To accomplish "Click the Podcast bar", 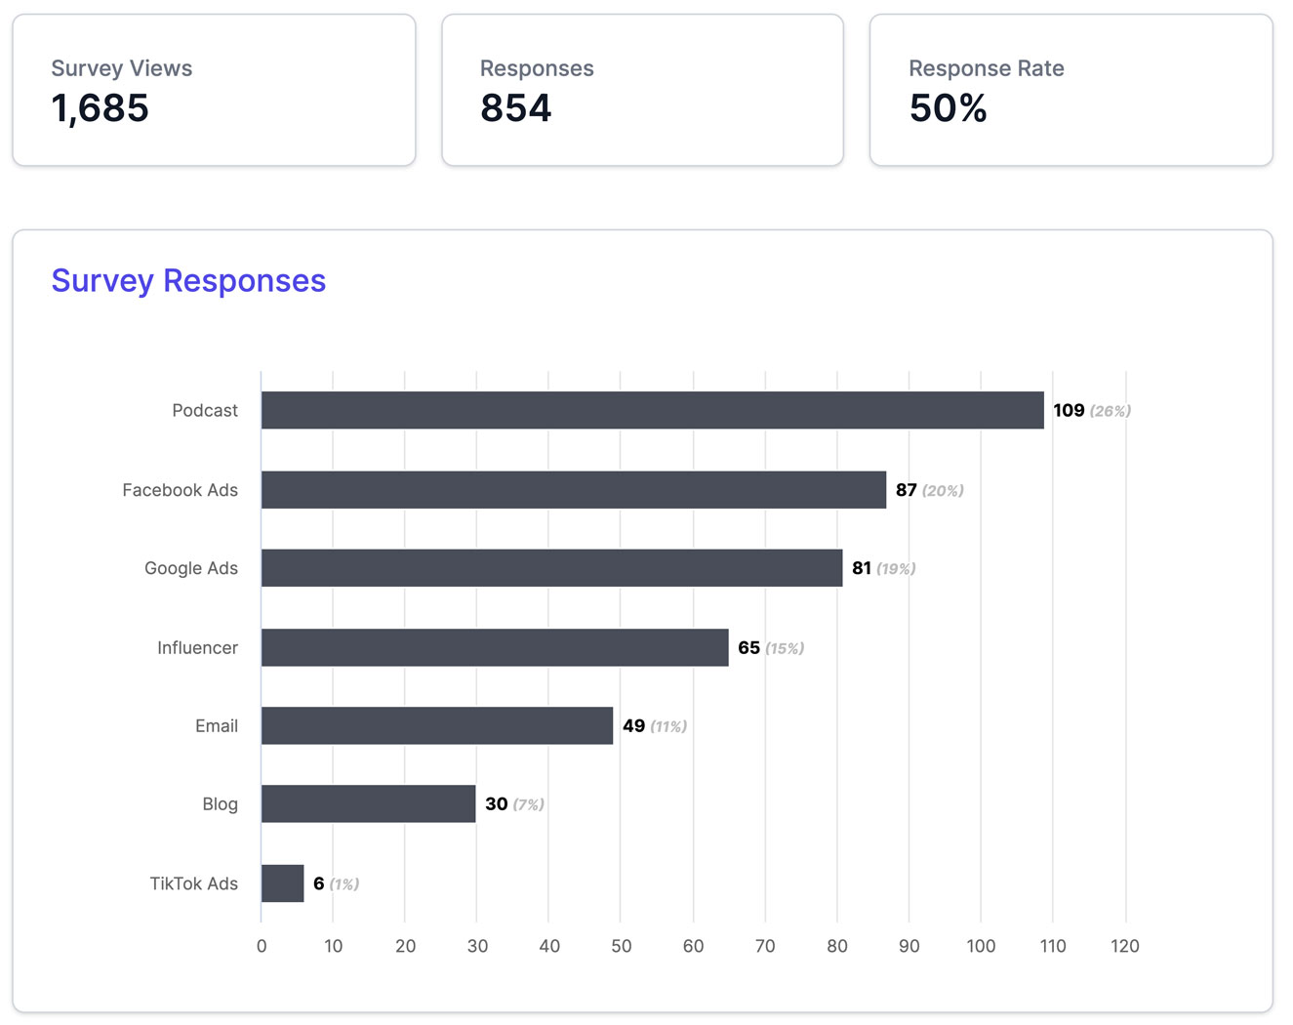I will (x=652, y=410).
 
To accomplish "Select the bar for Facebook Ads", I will (x=573, y=490).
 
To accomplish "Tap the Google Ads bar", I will (x=551, y=568).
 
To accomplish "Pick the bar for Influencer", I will (x=495, y=647).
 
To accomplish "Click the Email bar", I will (x=436, y=725).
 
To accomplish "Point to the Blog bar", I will (x=368, y=803).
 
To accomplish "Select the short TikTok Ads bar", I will (x=282, y=883).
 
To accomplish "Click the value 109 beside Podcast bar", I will (x=1069, y=410).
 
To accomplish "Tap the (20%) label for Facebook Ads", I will (x=943, y=490).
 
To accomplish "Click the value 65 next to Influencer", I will (x=748, y=647).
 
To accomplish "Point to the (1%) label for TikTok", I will (x=343, y=884).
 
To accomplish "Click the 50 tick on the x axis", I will (x=621, y=946).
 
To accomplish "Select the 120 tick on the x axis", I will (x=1124, y=946).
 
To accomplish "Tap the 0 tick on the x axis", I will (x=262, y=946).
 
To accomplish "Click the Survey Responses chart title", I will (x=188, y=281).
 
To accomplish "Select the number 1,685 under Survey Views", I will (x=100, y=108).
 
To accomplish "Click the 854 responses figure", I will (x=515, y=108).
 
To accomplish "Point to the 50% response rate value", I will (x=948, y=108).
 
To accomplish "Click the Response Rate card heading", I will (x=986, y=68).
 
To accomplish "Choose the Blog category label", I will (x=220, y=804).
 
